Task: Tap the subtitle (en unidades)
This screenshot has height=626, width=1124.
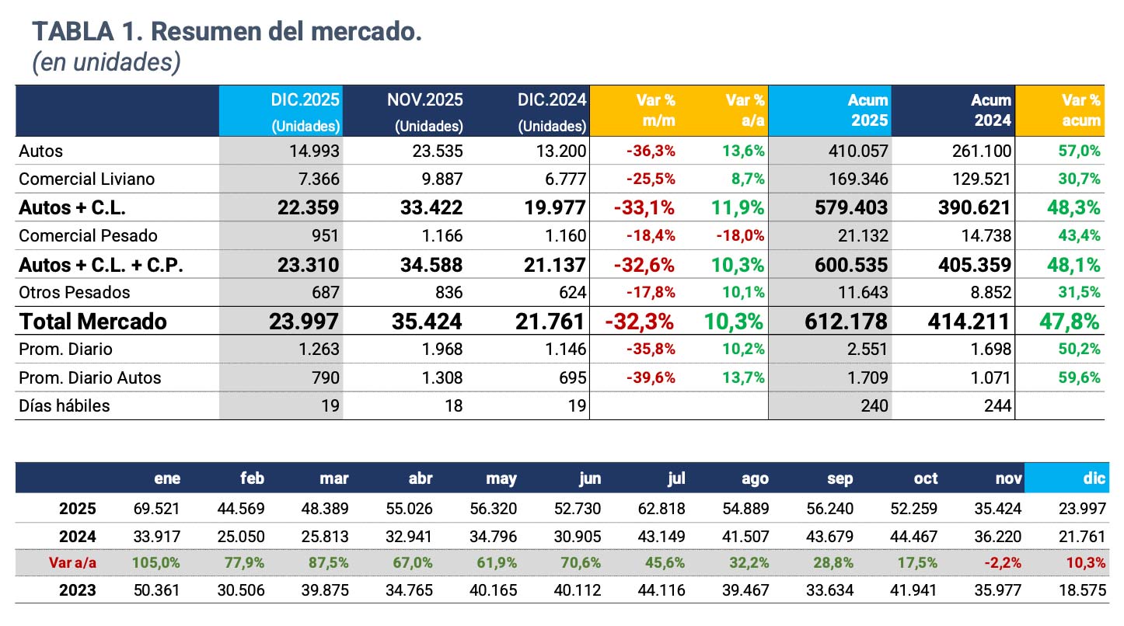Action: click(106, 63)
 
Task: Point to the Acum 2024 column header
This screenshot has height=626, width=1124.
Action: click(990, 110)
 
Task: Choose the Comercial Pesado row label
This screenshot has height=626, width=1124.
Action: click(88, 235)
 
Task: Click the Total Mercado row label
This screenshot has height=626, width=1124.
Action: click(93, 322)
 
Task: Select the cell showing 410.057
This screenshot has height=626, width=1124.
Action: click(856, 151)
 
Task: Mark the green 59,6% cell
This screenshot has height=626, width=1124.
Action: click(1080, 377)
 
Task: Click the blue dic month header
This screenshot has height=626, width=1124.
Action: click(1094, 478)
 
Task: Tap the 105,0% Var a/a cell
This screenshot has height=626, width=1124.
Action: click(155, 562)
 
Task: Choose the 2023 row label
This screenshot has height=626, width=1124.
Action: click(78, 590)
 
